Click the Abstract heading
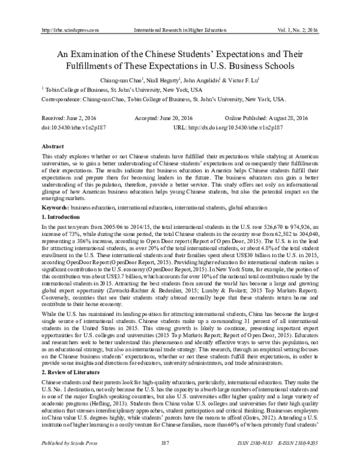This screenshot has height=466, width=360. tap(52, 147)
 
